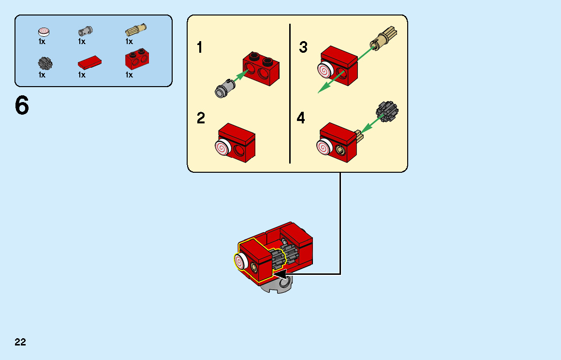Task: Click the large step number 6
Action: coord(22,105)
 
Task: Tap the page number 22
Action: coord(20,343)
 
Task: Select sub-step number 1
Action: coord(200,48)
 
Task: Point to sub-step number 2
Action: coord(201,118)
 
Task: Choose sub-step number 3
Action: coord(303,47)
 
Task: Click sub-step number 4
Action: coord(301,118)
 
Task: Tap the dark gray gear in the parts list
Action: coord(44,62)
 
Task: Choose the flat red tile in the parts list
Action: coord(89,62)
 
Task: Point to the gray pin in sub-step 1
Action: coord(224,88)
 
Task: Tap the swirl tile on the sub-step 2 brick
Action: coord(222,147)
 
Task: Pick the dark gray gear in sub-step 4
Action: coord(387,111)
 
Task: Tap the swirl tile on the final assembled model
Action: coord(240,262)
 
